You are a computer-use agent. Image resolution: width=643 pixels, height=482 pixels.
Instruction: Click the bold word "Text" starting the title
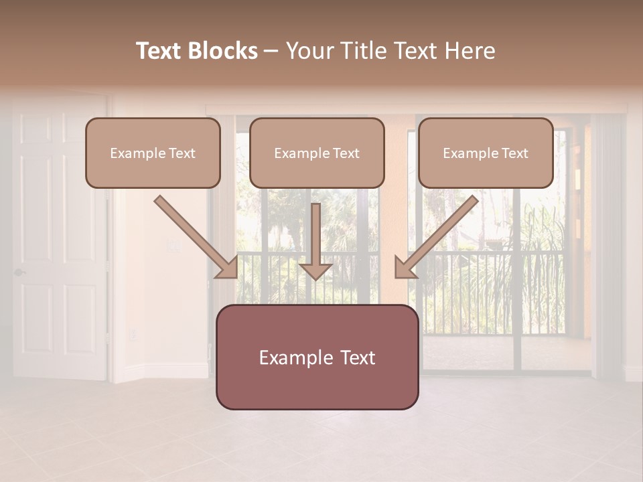(160, 51)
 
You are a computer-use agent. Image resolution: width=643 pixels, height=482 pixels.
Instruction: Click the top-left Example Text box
(153, 153)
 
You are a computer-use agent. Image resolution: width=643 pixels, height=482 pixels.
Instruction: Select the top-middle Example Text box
(317, 153)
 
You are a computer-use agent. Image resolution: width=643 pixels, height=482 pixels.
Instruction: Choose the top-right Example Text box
(486, 153)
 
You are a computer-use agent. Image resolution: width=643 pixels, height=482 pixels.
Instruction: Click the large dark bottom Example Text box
(317, 357)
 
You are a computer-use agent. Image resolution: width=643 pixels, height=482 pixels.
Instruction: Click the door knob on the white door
(19, 272)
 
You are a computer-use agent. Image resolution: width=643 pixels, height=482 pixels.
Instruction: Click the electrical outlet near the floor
(132, 333)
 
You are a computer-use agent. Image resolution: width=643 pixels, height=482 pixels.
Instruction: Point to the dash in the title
(271, 51)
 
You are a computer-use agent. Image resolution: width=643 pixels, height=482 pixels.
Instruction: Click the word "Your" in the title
(307, 51)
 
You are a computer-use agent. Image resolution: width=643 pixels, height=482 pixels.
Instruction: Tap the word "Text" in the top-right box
(514, 153)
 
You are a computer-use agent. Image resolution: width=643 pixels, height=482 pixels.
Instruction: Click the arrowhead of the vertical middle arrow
(315, 270)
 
